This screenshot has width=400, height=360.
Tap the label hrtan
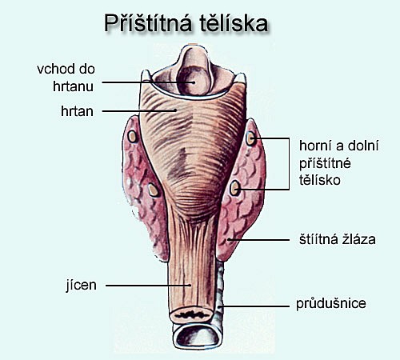point(77,111)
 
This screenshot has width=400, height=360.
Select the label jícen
point(81,286)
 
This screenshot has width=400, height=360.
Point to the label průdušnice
point(331,303)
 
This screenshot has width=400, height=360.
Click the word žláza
point(356,239)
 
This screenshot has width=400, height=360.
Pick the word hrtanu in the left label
point(73,86)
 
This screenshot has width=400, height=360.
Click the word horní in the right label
point(314,146)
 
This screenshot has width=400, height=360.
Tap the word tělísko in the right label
point(320,180)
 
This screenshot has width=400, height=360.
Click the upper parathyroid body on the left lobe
point(132,137)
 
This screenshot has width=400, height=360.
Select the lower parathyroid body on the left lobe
point(153,190)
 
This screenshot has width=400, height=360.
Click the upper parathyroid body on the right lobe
point(250,138)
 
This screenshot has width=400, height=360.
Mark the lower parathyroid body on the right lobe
point(234,188)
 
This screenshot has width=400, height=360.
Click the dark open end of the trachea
point(198,338)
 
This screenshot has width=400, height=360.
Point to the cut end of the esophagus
point(191,315)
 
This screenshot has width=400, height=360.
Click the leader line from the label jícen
point(149,286)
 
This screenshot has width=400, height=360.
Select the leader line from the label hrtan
point(139,111)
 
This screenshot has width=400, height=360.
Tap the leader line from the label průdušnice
point(254,306)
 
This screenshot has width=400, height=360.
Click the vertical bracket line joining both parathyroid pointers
point(289,164)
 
